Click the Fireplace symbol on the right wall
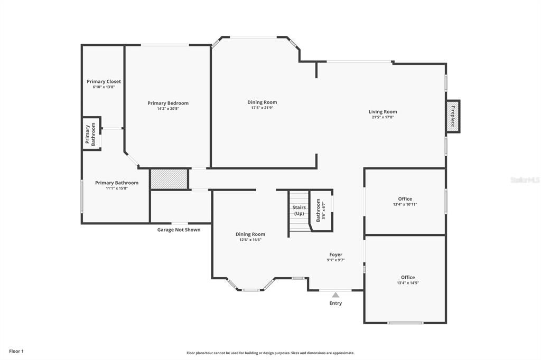[x=453, y=116]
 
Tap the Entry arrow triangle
[x=335, y=295]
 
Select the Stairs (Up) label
[x=299, y=210]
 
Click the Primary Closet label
[x=104, y=81]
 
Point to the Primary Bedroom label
[x=168, y=103]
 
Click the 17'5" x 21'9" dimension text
[x=262, y=108]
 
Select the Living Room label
[x=383, y=111]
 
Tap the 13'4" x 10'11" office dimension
[x=405, y=204]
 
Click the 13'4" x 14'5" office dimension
[x=407, y=283]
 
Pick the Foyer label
[x=335, y=254]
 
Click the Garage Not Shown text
[x=179, y=230]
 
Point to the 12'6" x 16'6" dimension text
[x=250, y=240]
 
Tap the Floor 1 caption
[x=16, y=351]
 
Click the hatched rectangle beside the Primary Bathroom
[x=169, y=179]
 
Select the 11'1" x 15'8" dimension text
[x=117, y=188]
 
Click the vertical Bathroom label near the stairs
[x=318, y=210]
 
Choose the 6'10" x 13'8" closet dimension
[x=104, y=87]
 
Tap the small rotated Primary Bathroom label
[x=91, y=134]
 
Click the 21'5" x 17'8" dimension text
[x=383, y=117]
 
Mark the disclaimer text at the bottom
[x=270, y=353]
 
